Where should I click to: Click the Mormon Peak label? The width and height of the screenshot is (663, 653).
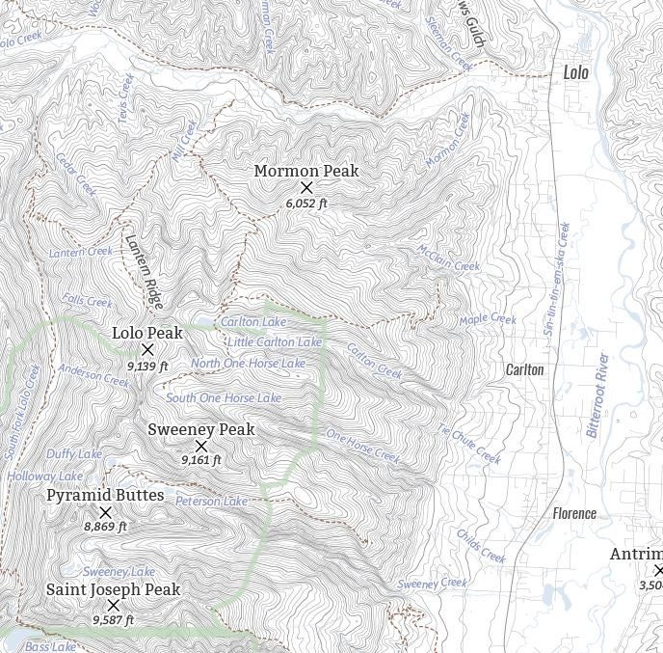(x=305, y=171)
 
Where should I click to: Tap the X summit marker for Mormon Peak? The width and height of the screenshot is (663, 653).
(x=306, y=187)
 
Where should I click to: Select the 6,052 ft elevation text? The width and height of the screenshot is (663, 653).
(x=306, y=204)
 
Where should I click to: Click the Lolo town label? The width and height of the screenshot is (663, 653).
(x=575, y=72)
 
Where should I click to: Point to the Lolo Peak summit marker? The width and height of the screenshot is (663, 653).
(x=147, y=350)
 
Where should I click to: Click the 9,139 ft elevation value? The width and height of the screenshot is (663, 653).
(x=147, y=367)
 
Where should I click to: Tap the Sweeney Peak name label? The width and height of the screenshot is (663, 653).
(x=200, y=429)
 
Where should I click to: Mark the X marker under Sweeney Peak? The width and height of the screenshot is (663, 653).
(x=201, y=446)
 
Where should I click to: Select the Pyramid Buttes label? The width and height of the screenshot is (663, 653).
(x=105, y=496)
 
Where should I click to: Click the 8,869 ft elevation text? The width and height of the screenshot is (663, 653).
(x=105, y=527)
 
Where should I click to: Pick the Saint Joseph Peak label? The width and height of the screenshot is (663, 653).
(x=113, y=589)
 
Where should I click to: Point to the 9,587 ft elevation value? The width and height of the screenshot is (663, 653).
(x=113, y=620)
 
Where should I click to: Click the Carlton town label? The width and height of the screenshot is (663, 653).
(x=525, y=369)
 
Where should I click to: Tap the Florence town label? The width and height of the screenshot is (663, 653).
(x=574, y=513)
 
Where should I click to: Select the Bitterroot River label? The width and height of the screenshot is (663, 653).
(x=598, y=395)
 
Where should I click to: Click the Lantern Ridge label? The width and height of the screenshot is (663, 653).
(x=142, y=265)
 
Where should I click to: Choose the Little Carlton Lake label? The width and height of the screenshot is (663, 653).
(x=275, y=342)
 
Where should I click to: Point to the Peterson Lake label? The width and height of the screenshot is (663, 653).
(x=211, y=502)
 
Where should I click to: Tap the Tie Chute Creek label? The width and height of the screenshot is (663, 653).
(x=469, y=444)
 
